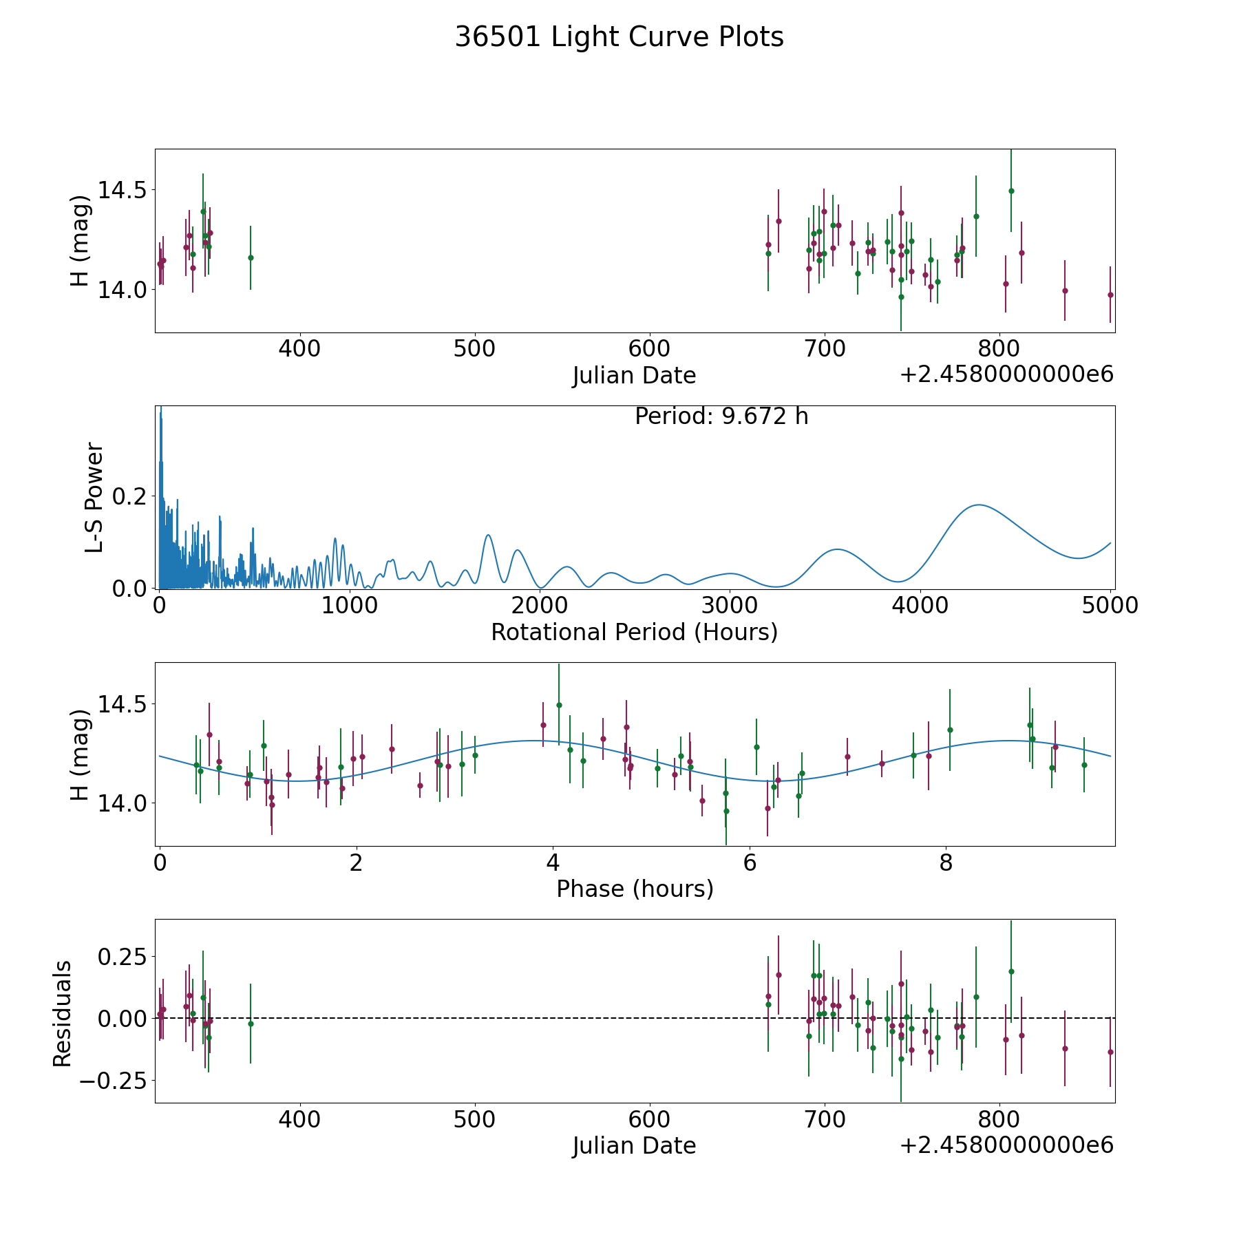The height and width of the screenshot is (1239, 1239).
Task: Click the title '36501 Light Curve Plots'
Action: pyautogui.click(x=619, y=37)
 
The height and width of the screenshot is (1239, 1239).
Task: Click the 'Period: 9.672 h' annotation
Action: pyautogui.click(x=721, y=416)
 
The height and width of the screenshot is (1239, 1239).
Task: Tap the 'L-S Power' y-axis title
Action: pyautogui.click(x=94, y=497)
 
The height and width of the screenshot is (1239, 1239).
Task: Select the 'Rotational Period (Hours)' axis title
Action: pyautogui.click(x=634, y=632)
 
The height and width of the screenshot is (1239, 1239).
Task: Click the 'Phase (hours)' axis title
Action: pyautogui.click(x=635, y=889)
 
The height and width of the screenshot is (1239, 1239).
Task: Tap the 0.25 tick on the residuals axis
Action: pyautogui.click(x=123, y=957)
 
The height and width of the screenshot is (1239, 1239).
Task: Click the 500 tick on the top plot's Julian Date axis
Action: pyautogui.click(x=475, y=349)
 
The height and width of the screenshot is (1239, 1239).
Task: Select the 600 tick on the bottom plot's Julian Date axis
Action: pyautogui.click(x=650, y=1120)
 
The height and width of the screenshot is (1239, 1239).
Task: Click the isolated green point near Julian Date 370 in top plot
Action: pyautogui.click(x=251, y=257)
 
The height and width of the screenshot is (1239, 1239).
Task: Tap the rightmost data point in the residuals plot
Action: pyautogui.click(x=1110, y=1052)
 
